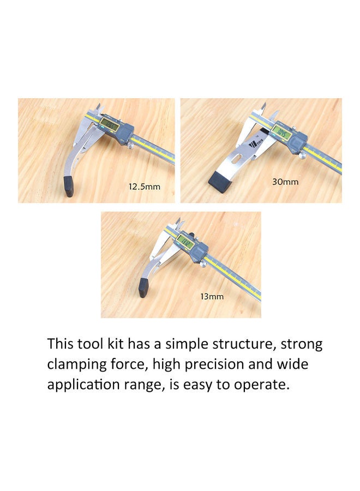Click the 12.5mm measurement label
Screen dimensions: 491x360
(x=145, y=187)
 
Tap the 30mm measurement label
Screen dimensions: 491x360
(x=285, y=182)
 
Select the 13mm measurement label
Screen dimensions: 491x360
(x=212, y=297)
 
